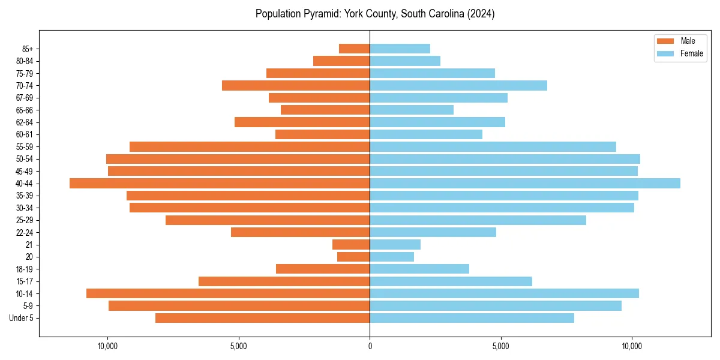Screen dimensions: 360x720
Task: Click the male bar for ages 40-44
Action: point(220,184)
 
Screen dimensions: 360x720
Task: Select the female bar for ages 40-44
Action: point(525,184)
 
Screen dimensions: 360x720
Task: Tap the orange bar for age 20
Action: point(353,257)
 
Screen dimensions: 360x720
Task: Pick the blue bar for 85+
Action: point(400,49)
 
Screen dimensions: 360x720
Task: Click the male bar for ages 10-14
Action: point(228,293)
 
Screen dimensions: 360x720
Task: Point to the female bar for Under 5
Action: point(472,318)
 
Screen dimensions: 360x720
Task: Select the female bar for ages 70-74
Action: point(458,86)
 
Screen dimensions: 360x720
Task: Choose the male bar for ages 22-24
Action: point(300,232)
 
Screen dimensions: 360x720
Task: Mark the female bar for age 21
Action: point(395,245)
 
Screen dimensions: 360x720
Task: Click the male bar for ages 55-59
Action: point(250,147)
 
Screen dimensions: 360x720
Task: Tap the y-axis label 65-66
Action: point(25,110)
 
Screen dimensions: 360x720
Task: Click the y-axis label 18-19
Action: point(25,269)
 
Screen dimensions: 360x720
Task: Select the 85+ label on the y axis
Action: point(28,49)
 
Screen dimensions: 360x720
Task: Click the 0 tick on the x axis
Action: point(370,346)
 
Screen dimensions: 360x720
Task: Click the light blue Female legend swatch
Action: point(665,53)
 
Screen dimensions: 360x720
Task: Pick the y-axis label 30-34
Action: point(25,208)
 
